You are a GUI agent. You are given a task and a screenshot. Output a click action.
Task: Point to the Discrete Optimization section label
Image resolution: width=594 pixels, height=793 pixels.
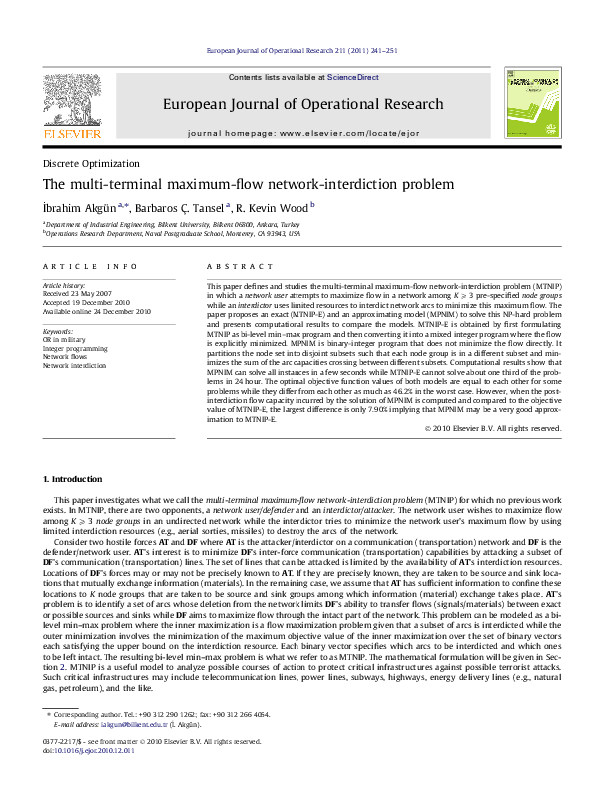tap(91, 163)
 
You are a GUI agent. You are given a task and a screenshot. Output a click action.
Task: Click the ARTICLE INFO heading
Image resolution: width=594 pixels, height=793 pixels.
tap(90, 266)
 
